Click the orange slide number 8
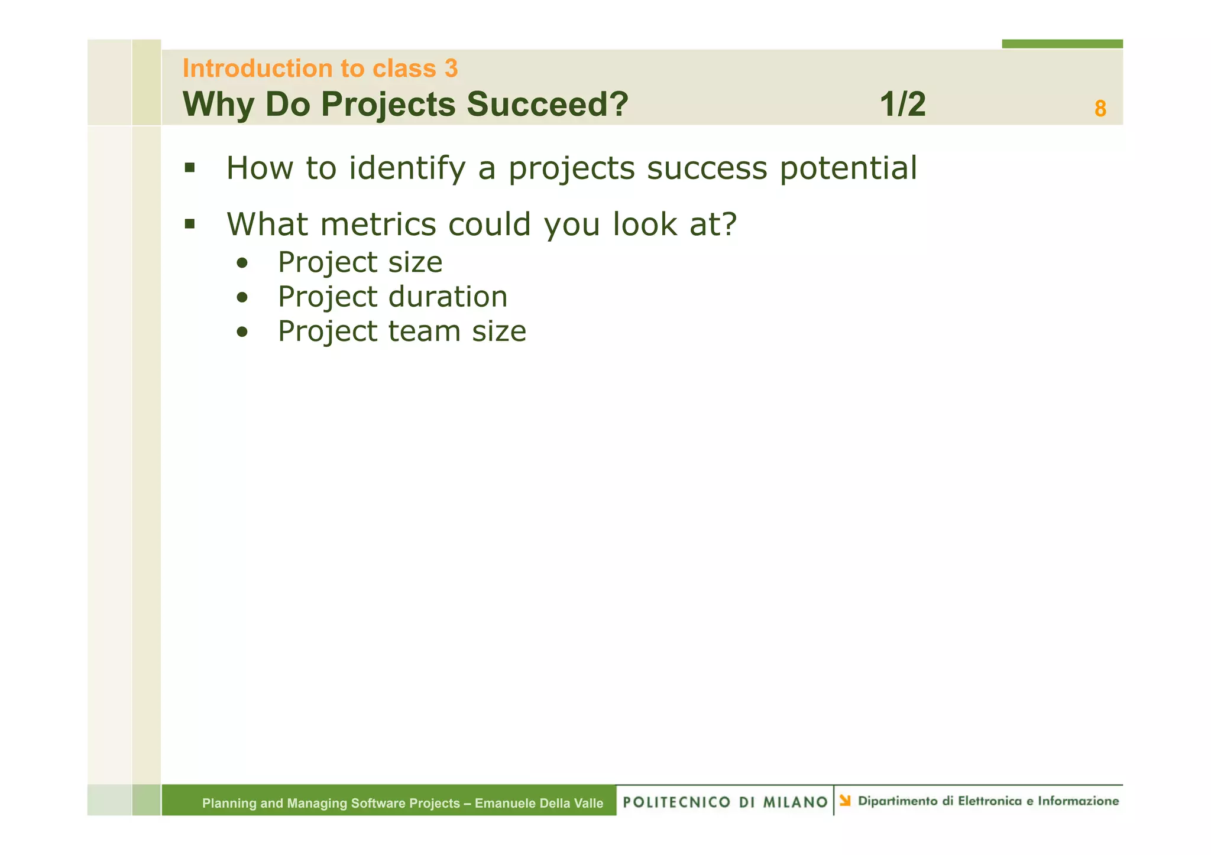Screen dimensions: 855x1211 tap(1100, 109)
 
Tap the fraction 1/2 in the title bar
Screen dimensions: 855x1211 tap(902, 105)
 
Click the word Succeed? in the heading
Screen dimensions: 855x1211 tap(547, 105)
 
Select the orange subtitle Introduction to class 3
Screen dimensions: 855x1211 tap(320, 69)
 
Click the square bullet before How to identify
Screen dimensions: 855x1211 tap(189, 168)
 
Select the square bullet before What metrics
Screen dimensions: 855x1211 tap(189, 224)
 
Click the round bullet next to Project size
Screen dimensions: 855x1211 tap(241, 264)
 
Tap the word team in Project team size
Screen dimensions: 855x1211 tap(424, 331)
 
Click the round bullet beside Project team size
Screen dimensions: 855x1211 tap(241, 333)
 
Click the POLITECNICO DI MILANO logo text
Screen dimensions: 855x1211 tap(725, 802)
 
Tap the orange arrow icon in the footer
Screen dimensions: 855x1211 tap(845, 801)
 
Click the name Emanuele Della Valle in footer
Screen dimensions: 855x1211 tap(539, 803)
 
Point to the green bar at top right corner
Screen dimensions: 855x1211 tap(1062, 44)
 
